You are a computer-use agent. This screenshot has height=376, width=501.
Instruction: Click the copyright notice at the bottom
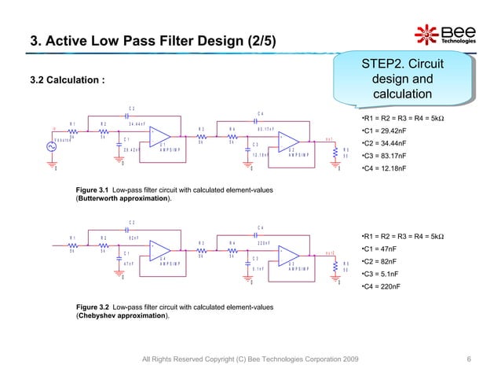[x=250, y=359]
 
